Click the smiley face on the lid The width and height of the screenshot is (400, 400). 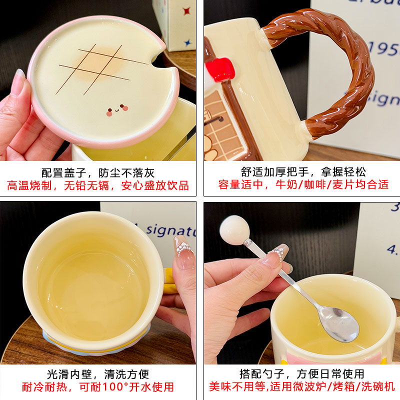coord(117,110)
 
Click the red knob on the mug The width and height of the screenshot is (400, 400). coord(220,69)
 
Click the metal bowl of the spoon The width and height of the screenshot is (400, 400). coord(338,324)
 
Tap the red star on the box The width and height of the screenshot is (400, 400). coord(186,10)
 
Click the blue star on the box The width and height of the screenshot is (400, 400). coord(187,42)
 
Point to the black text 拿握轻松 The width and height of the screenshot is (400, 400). coord(343,172)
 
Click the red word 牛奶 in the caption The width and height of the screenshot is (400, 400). coord(286,184)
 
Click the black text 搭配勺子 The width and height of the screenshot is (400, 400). coord(262,374)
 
